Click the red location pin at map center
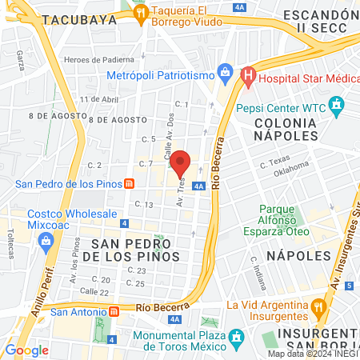(x=180, y=163)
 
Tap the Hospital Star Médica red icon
(x=248, y=78)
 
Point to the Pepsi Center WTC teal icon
(x=337, y=104)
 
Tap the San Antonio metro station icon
(x=114, y=311)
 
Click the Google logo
(x=26, y=350)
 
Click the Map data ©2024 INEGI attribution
(x=313, y=354)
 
